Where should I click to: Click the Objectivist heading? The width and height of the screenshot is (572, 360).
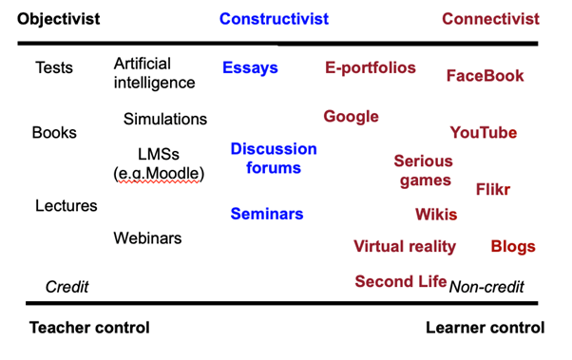coord(58,19)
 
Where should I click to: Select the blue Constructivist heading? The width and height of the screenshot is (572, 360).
coord(274,19)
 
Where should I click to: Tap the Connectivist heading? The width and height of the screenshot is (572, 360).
coord(490,19)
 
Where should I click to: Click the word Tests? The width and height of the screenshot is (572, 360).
coord(54,67)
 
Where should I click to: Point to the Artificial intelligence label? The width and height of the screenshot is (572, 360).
coord(154,73)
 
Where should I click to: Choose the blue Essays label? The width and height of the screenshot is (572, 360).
coord(250,68)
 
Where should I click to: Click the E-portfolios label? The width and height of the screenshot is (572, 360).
coord(371,68)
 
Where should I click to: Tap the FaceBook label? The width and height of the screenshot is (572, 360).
coord(486,76)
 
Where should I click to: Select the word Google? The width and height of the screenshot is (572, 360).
coord(351,117)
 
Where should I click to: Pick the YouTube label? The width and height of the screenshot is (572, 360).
coord(484,133)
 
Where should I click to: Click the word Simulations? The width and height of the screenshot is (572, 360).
coord(165,120)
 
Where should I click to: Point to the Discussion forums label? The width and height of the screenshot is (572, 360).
coord(274,159)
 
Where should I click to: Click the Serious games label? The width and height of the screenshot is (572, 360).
coord(424,171)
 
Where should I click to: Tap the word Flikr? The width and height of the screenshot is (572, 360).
coord(493,190)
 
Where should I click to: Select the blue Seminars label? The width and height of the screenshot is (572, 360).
coord(267,214)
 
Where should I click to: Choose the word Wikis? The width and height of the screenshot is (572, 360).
coord(436,215)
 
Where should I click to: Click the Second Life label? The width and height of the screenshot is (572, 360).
coord(401,281)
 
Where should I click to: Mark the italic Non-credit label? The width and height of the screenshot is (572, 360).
coord(486,287)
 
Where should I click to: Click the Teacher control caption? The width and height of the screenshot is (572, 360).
coord(89,328)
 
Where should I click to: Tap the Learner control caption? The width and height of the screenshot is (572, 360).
coord(486,328)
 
